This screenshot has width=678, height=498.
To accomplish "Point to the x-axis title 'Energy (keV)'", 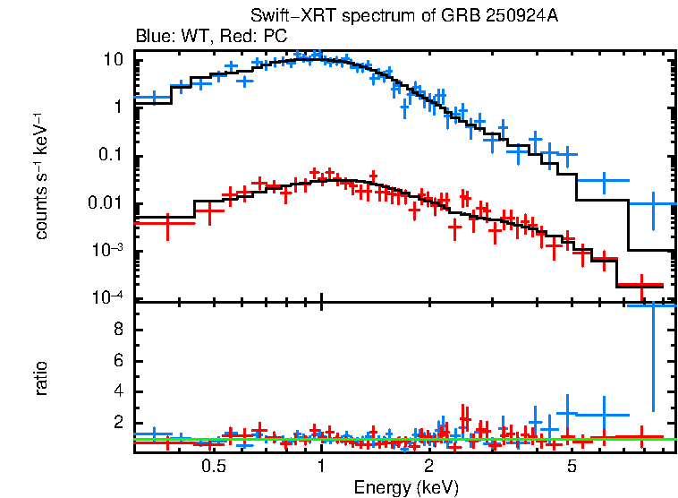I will coord(406,487).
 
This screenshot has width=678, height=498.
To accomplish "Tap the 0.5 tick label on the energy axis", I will coord(212,467).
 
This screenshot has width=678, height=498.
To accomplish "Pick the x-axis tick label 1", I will coord(320,467).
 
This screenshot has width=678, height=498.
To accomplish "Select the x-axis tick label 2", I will coord(428,467).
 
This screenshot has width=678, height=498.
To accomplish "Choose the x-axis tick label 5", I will coord(572,467).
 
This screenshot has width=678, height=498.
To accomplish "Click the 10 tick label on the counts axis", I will coord(113,60).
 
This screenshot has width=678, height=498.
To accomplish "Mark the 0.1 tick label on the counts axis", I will coord(110,155).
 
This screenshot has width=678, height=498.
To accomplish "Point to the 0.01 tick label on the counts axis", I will coord(106,203).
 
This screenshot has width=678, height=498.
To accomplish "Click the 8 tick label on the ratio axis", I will coord(117,330).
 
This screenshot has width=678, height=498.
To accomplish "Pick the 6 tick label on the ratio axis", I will coord(117,361).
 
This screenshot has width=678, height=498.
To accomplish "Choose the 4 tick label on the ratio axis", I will coord(117,392).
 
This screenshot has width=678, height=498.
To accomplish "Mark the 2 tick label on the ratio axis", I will coord(117,424).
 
